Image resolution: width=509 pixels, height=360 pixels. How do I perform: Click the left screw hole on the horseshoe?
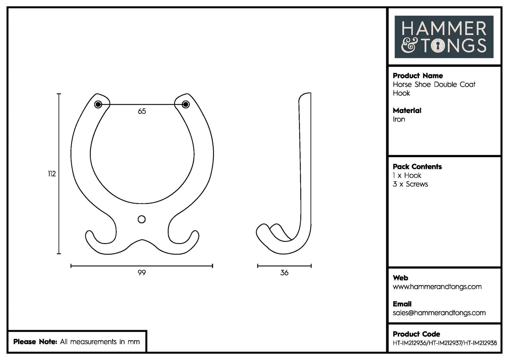point(98,104)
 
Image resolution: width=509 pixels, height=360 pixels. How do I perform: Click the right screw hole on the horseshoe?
point(186,104)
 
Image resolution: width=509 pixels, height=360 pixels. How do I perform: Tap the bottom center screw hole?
point(142,219)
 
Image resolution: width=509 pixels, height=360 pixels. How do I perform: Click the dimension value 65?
point(142,111)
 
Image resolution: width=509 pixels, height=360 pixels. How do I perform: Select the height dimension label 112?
point(52,174)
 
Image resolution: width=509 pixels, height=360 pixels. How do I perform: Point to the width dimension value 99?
point(142,273)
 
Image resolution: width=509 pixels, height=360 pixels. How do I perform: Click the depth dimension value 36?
point(284,273)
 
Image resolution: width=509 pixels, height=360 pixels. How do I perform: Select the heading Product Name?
point(418,76)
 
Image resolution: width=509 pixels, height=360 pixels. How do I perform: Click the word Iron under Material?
point(399,119)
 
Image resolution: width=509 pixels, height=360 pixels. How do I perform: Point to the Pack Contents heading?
point(417,167)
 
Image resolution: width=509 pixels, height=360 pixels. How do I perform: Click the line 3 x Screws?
point(410,184)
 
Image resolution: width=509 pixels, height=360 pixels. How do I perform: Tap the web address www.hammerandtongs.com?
point(437,287)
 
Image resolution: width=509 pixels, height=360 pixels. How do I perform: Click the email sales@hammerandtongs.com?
point(439,313)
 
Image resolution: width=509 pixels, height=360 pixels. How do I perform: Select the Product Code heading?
point(416,334)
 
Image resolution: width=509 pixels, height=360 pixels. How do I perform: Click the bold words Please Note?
point(35,342)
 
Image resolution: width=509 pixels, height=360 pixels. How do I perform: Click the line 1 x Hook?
point(407,175)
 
